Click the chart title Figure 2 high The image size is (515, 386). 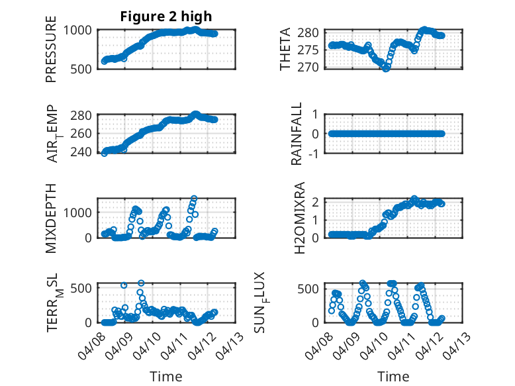(165, 17)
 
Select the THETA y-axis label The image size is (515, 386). (285, 49)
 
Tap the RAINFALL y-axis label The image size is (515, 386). (297, 134)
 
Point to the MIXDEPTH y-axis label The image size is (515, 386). (51, 218)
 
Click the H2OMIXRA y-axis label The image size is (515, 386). (299, 218)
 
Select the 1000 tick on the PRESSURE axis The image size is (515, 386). (78, 30)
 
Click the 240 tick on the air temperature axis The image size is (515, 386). (82, 152)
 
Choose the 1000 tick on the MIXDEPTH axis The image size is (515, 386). (78, 212)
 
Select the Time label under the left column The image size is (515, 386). (165, 376)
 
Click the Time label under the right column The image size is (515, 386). (393, 376)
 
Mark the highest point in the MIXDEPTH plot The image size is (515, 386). (194, 198)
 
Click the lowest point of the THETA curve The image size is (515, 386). (386, 68)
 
